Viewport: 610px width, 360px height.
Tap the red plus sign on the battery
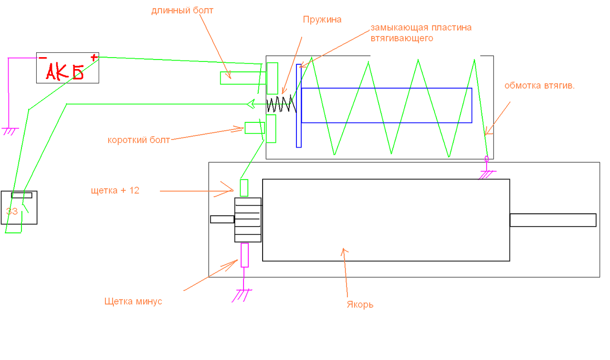pos(94,58)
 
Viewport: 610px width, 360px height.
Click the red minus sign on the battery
pos(42,58)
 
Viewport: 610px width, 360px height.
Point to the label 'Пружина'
pos(322,20)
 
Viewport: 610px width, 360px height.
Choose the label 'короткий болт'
pos(139,140)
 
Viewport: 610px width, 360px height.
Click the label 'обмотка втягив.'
pos(539,86)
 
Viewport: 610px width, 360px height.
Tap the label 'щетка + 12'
pos(115,191)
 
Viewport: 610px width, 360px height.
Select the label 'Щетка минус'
pos(133,301)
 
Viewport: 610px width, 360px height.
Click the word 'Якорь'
pos(360,305)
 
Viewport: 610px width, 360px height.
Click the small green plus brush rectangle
pos(244,188)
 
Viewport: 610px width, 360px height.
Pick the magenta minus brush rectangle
pos(244,255)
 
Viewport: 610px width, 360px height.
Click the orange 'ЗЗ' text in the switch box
pos(11,211)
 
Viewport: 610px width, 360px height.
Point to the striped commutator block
pos(248,220)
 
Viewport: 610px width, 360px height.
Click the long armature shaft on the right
pos(553,220)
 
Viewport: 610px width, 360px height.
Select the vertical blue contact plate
pos(299,106)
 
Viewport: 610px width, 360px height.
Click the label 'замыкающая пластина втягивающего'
pos(421,33)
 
